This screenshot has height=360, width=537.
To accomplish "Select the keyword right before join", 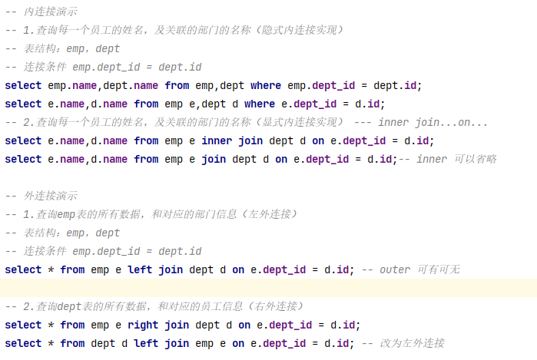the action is coord(143,325).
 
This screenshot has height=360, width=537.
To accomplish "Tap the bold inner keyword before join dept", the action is coord(217,140).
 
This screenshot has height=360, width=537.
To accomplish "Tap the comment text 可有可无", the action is coord(439,269).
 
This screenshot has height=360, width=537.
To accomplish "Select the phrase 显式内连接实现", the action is coord(296,122).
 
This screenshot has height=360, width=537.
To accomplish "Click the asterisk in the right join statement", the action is coord(51,325).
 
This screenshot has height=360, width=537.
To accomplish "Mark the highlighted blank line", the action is coord(268,288).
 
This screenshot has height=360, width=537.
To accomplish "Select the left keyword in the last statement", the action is coord(146,343).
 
